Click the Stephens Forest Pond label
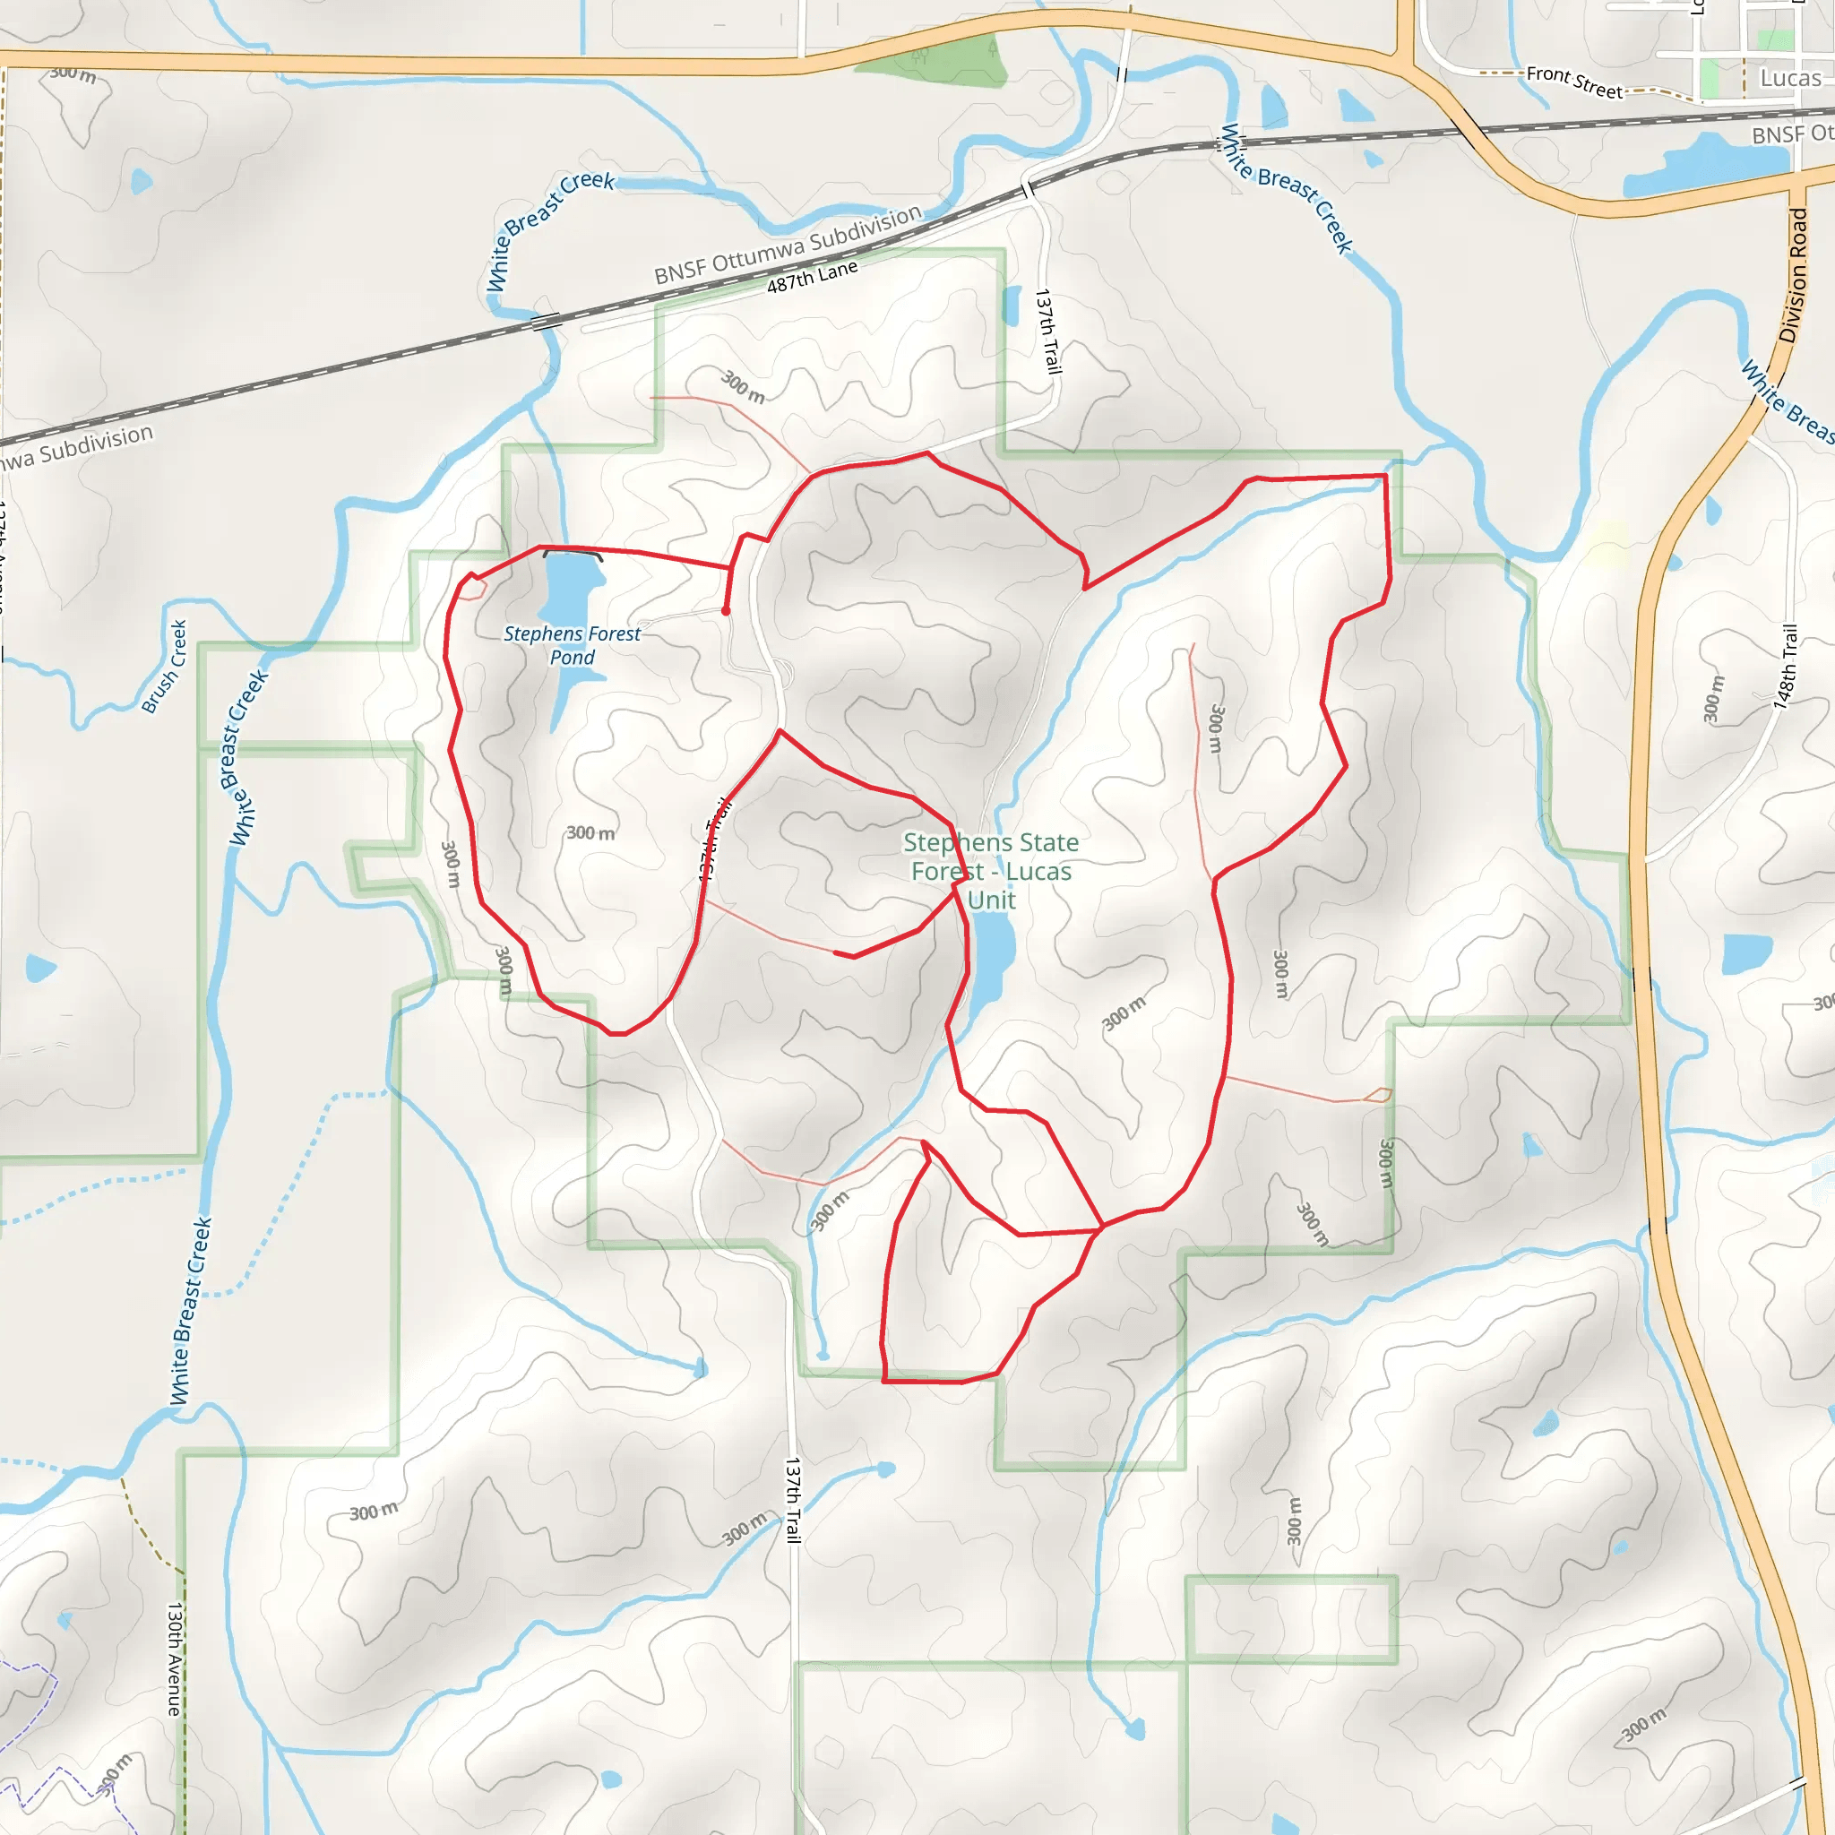pyautogui.click(x=572, y=646)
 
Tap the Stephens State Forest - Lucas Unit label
pyautogui.click(x=991, y=871)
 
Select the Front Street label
pyautogui.click(x=1573, y=82)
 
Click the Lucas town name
pyautogui.click(x=1790, y=78)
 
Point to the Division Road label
pyautogui.click(x=1793, y=275)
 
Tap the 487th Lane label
pyautogui.click(x=812, y=276)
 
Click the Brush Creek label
pyautogui.click(x=164, y=667)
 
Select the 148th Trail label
pyautogui.click(x=1787, y=667)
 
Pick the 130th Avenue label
pyautogui.click(x=174, y=1658)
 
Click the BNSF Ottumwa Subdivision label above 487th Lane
pyautogui.click(x=788, y=245)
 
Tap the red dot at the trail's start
pyautogui.click(x=726, y=612)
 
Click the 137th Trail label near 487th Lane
pyautogui.click(x=1048, y=332)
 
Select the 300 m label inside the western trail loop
pyautogui.click(x=590, y=833)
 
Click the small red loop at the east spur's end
pyautogui.click(x=1377, y=1095)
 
